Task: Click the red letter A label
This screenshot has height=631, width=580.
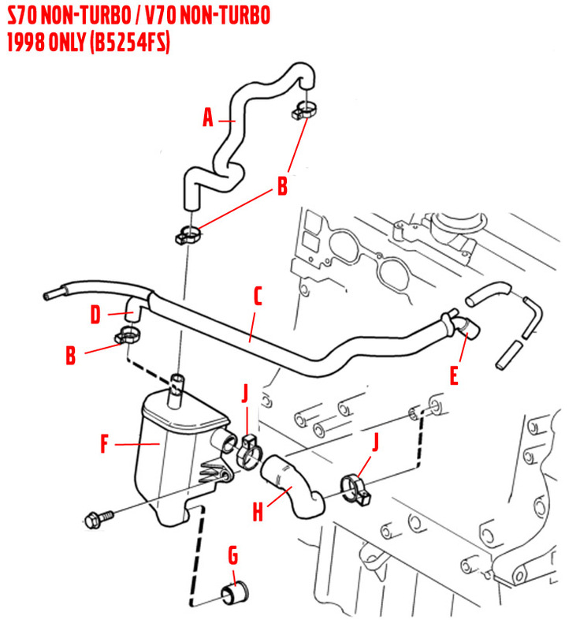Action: pos(208,118)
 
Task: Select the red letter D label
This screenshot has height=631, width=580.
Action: pos(95,315)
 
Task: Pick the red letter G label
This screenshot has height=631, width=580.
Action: pos(232,556)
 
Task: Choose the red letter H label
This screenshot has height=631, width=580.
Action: pos(257,513)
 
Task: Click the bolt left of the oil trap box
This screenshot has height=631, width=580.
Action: pos(98,518)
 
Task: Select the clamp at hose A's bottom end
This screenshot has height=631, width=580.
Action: pos(188,233)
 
